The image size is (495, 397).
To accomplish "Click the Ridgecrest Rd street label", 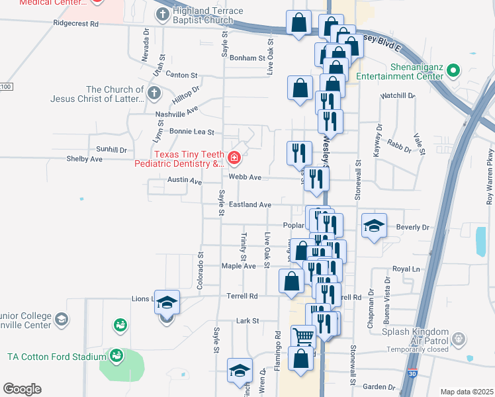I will pos(76,23).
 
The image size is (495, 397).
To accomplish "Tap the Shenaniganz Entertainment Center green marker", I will pos(453,69).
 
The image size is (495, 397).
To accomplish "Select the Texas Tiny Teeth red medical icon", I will pos(234,157).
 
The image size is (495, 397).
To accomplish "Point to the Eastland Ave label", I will pos(250,205).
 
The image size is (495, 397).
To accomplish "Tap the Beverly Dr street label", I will pos(412,227).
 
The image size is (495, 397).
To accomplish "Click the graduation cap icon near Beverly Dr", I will pos(374,226).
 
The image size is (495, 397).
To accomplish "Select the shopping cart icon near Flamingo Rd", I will pos(303,335).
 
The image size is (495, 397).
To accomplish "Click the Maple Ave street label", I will pos(238,266).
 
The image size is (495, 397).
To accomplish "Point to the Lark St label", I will pos(247,321).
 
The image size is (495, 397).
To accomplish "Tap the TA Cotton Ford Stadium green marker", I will pos(117,356).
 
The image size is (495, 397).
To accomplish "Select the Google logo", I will pos(22,389).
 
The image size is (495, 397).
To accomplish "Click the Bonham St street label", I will pos(247,58).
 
